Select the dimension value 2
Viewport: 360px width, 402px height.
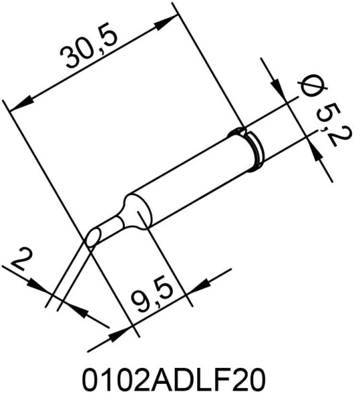click(20, 259)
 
